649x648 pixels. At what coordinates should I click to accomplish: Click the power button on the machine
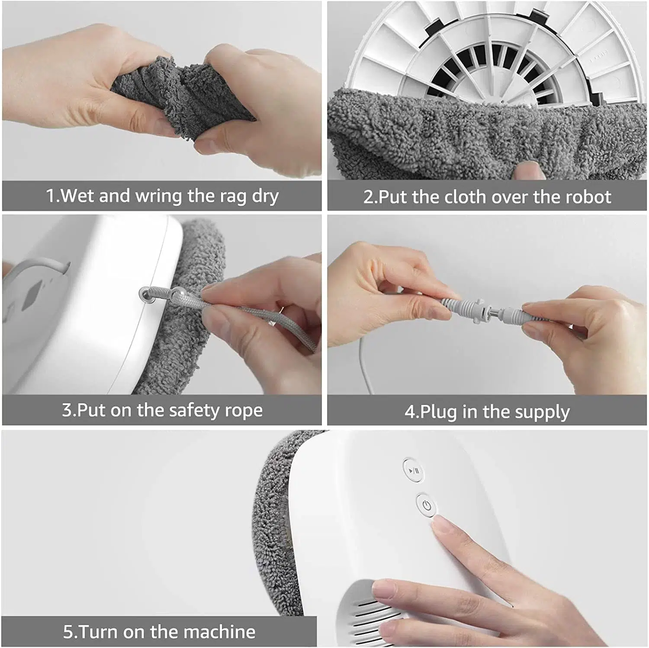(x=427, y=505)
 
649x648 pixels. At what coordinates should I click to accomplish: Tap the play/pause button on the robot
(x=414, y=470)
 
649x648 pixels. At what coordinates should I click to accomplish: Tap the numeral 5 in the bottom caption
(x=68, y=632)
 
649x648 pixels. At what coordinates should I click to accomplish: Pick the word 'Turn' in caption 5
(x=99, y=632)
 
